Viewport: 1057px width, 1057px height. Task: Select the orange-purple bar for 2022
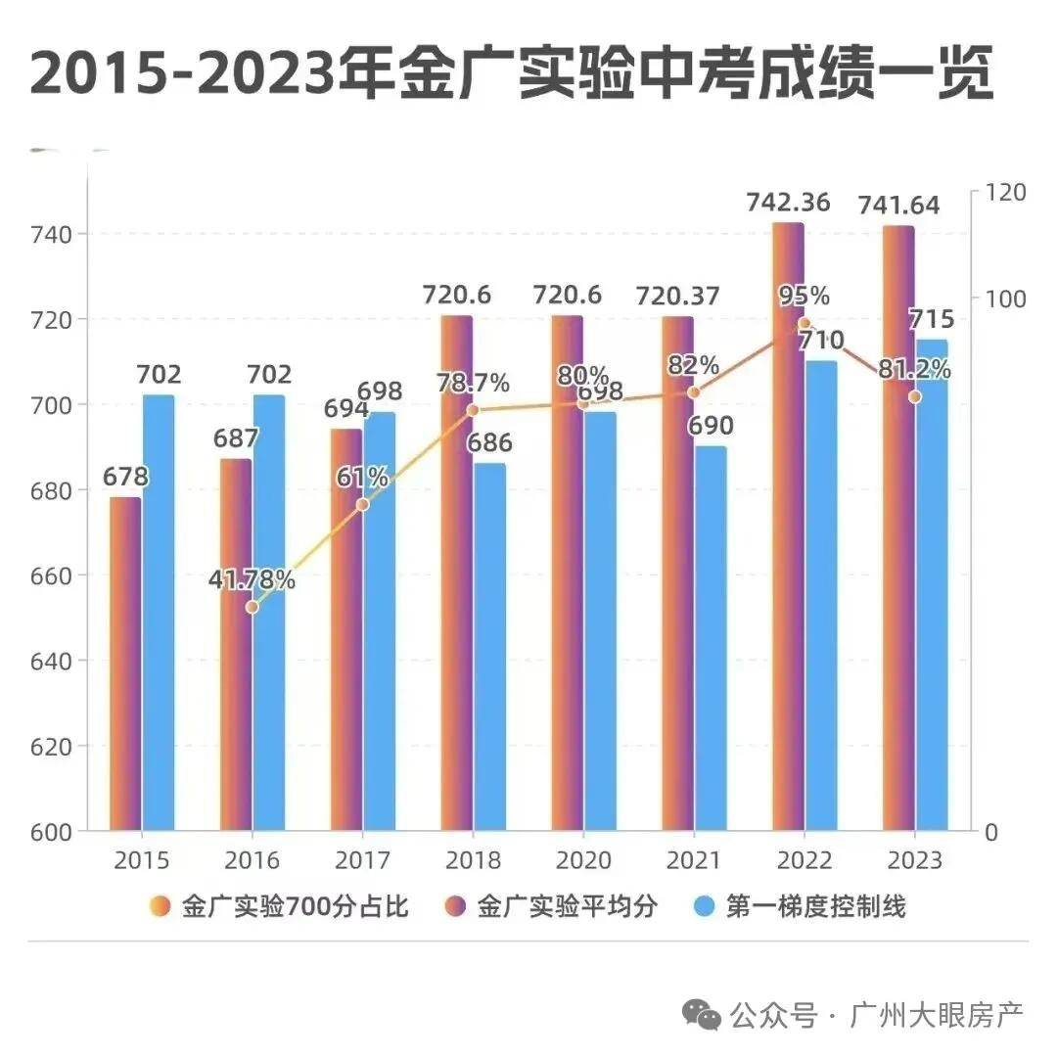(x=788, y=528)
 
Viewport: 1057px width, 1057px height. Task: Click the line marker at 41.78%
(x=252, y=607)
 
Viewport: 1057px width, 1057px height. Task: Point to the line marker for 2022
(x=804, y=323)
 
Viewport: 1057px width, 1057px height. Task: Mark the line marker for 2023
(x=915, y=396)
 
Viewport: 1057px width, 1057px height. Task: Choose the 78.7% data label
(x=473, y=382)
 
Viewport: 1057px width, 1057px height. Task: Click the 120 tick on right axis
(x=1005, y=191)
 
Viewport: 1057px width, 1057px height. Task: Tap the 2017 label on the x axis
(x=362, y=860)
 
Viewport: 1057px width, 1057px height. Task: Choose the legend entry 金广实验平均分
(x=555, y=907)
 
